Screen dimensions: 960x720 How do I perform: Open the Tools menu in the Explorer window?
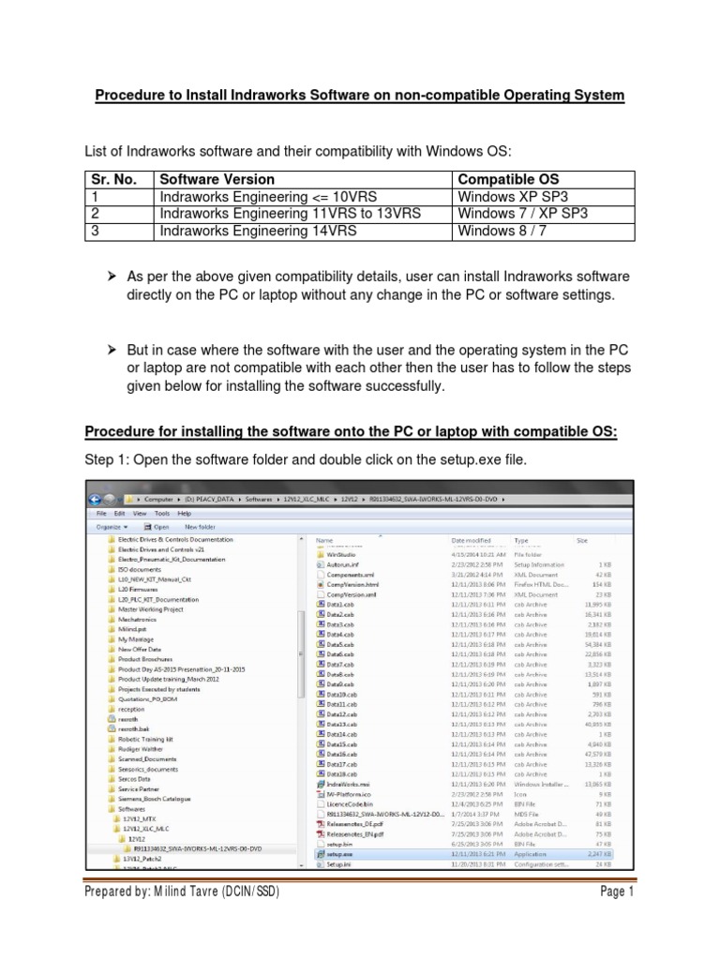click(x=163, y=514)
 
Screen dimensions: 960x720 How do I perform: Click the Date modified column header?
click(x=472, y=541)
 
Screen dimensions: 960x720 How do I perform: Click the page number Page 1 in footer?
click(x=618, y=918)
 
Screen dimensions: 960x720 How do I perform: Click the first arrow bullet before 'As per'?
click(x=111, y=277)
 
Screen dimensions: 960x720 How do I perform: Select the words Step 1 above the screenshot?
click(x=106, y=459)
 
